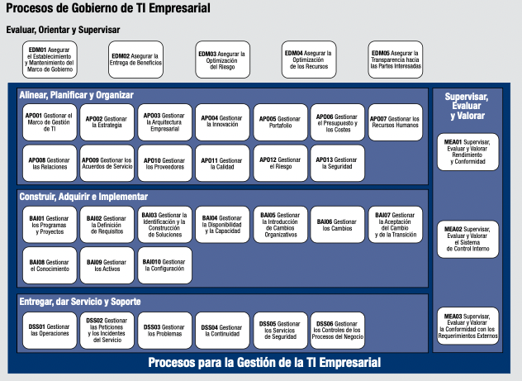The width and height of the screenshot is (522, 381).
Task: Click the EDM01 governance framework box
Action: pos(49,60)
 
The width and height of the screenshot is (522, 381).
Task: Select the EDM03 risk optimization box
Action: pos(222,60)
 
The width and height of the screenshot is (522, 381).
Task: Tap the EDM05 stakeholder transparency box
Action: pos(395,60)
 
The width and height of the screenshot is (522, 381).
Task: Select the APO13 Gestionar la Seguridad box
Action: pos(337,163)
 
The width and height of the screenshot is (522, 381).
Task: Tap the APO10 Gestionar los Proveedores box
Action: pos(164,163)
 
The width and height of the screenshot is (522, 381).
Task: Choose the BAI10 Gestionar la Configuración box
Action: pos(164,264)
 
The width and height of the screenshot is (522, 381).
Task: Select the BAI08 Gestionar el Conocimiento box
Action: pos(49,264)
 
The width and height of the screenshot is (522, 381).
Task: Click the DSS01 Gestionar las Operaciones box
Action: pos(49,330)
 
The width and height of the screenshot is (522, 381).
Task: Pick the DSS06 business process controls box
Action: pos(337,330)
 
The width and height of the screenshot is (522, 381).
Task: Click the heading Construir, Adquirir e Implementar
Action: pos(83,197)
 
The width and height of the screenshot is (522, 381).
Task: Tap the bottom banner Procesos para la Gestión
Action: pos(264,363)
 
